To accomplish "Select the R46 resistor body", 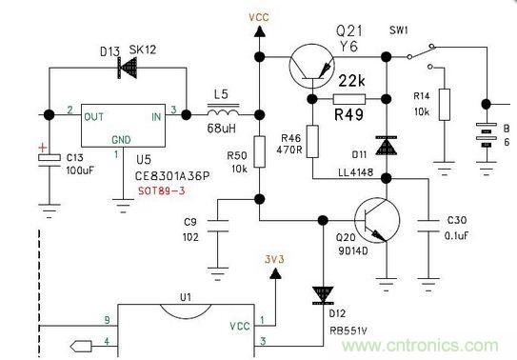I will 312,141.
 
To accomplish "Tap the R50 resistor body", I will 258,157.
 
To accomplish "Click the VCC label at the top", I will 258,16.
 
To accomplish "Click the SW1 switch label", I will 400,30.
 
